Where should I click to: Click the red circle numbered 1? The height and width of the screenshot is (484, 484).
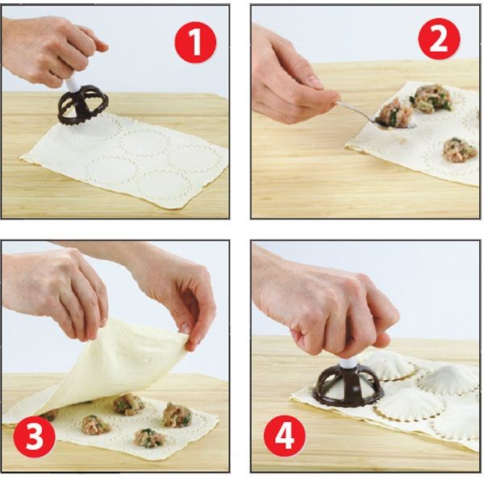tap(196, 42)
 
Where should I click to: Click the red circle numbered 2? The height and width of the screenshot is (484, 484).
tap(439, 39)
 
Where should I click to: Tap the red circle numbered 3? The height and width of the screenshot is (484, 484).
tap(34, 436)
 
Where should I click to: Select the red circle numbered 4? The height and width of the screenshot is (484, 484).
tap(285, 436)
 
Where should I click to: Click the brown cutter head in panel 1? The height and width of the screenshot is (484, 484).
tap(83, 106)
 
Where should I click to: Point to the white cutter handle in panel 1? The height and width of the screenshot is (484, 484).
tap(73, 85)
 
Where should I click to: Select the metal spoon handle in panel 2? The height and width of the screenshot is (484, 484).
tap(355, 110)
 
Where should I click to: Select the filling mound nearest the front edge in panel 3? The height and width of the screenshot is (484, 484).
tap(148, 438)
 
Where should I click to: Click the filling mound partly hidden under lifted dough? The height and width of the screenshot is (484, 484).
tap(50, 415)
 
